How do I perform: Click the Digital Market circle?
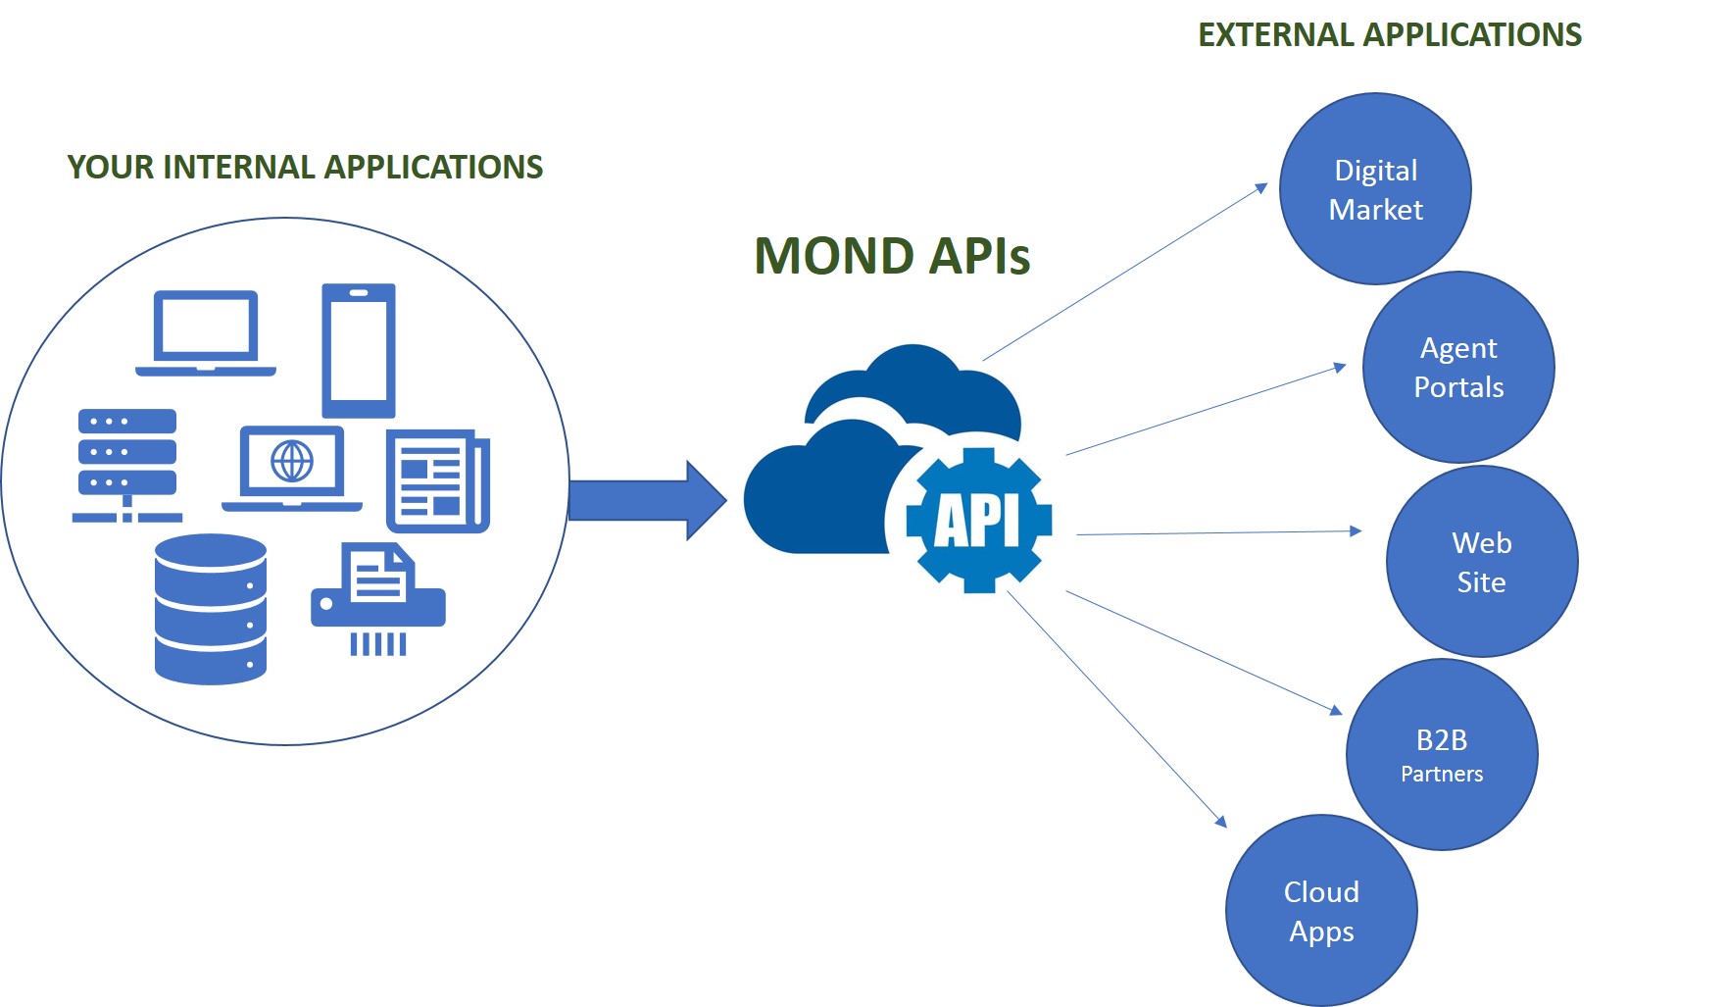pyautogui.click(x=1375, y=188)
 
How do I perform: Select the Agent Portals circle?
pyautogui.click(x=1458, y=367)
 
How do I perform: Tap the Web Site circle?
pyautogui.click(x=1481, y=561)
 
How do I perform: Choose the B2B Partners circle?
pyautogui.click(x=1441, y=754)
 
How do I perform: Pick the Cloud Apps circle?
pyautogui.click(x=1321, y=910)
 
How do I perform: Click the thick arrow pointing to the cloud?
pyautogui.click(x=648, y=500)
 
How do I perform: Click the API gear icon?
pyautogui.click(x=978, y=520)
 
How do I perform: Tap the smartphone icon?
pyautogui.click(x=359, y=350)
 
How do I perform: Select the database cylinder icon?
pyautogui.click(x=211, y=609)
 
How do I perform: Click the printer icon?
pyautogui.click(x=378, y=598)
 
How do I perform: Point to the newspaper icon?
pyautogui.click(x=438, y=480)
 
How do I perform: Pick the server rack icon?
pyautogui.click(x=127, y=465)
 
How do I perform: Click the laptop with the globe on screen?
pyautogui.click(x=292, y=468)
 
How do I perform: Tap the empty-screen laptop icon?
pyautogui.click(x=206, y=332)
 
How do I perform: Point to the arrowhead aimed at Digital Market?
pyautogui.click(x=1261, y=188)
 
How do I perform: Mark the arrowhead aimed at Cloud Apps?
pyautogui.click(x=1220, y=821)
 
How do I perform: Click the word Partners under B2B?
pyautogui.click(x=1441, y=774)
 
